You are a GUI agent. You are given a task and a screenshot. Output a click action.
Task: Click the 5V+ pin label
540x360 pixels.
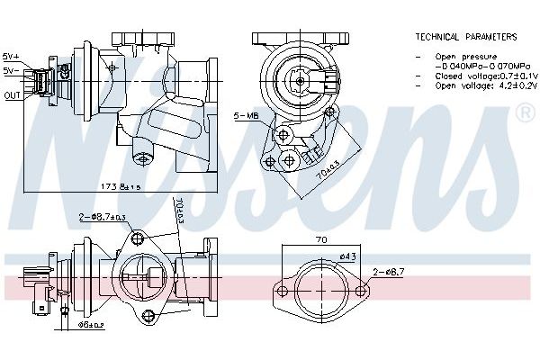coord(11,55)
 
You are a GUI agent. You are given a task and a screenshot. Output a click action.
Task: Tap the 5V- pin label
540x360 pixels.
coord(11,69)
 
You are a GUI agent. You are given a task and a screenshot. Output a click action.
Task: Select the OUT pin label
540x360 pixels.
coord(12,94)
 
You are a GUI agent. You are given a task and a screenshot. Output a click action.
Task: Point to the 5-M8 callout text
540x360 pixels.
coord(246,117)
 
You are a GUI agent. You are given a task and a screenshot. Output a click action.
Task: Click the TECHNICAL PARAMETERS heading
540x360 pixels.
coord(465,37)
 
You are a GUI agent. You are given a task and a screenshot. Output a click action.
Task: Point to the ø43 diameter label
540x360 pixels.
coord(346,258)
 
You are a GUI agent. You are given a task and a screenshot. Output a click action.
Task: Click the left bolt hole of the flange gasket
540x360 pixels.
coord(283,291)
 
